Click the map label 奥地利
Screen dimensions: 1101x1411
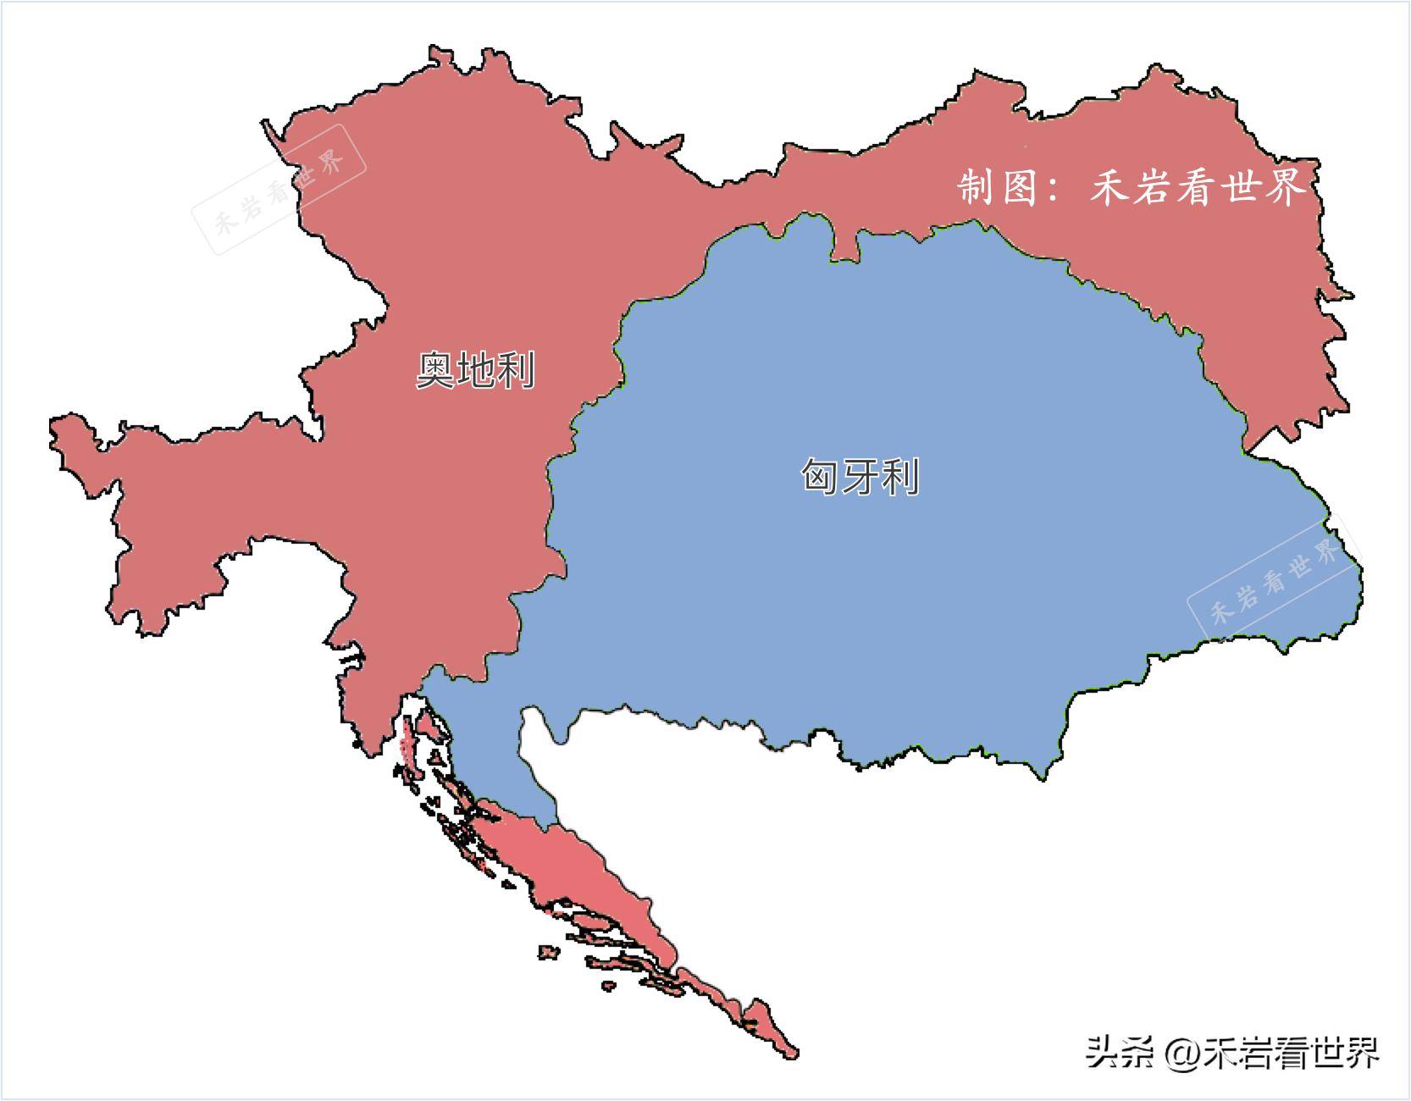pos(475,370)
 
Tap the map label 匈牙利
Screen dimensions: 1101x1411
pos(860,477)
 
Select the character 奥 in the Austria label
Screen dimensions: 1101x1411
pos(435,370)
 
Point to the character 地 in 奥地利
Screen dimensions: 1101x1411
pos(475,370)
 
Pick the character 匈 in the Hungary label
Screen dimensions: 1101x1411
pos(820,477)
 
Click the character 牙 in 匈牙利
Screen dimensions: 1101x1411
pos(860,477)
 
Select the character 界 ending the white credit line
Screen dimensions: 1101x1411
pos(1284,186)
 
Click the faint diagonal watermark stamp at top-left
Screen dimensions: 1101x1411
pos(279,189)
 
